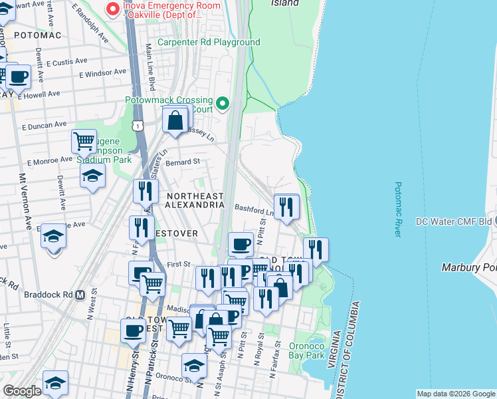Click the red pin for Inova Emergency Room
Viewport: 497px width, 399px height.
click(113, 9)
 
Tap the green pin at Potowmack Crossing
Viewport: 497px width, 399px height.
click(223, 104)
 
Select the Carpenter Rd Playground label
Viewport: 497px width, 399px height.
click(209, 43)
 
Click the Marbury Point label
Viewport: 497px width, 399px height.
click(469, 267)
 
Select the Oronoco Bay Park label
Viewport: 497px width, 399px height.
click(306, 350)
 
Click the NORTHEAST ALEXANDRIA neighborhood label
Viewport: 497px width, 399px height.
click(195, 200)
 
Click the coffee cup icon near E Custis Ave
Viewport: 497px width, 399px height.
click(18, 76)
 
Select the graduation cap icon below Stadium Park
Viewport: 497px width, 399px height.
click(93, 175)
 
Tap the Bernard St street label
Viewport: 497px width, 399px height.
click(183, 162)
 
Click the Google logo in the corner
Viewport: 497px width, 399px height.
click(22, 391)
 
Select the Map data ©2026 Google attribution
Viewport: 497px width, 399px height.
click(456, 394)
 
